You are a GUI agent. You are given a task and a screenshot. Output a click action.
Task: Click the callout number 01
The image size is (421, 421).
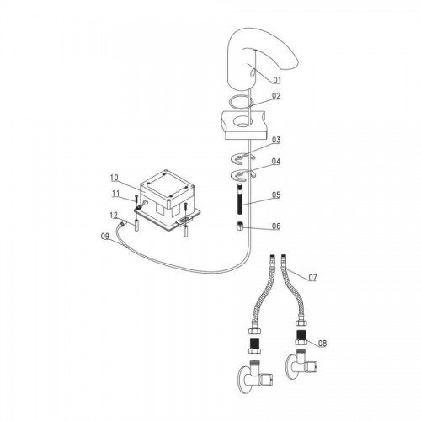[277, 80]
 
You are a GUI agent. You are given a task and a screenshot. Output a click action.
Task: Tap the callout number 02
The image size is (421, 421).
[276, 96]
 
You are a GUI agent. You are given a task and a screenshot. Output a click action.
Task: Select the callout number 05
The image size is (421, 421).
[276, 195]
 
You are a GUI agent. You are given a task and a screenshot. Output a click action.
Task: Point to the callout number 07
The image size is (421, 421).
[312, 278]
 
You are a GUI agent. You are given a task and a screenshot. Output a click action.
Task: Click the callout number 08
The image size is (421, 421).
[322, 343]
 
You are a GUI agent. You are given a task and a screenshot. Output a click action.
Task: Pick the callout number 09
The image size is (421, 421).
[105, 237]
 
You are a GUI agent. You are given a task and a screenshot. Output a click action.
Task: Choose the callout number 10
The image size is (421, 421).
[115, 178]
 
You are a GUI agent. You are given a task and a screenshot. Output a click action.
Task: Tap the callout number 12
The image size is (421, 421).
[114, 216]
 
